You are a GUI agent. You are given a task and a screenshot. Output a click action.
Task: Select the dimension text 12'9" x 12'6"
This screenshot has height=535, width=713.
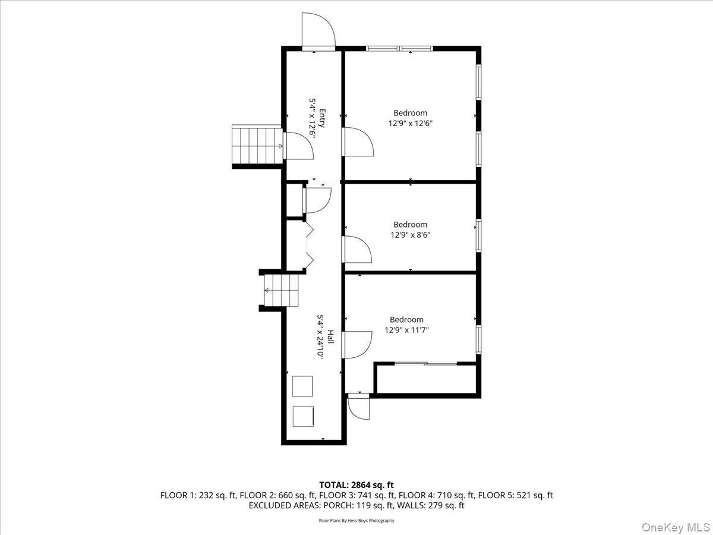click(410, 124)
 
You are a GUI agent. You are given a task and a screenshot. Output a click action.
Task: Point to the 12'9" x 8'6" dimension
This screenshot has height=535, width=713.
click(410, 235)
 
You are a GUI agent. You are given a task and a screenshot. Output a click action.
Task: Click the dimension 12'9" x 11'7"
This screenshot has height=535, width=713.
click(407, 330)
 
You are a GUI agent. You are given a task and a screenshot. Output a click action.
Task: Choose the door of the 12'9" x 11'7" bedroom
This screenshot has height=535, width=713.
click(358, 345)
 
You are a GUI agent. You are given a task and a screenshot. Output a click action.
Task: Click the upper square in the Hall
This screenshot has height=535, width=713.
click(303, 386)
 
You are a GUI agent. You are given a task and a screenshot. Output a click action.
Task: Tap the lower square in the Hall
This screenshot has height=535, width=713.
click(303, 416)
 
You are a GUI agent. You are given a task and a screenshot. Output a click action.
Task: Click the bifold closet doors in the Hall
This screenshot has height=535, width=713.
click(309, 244)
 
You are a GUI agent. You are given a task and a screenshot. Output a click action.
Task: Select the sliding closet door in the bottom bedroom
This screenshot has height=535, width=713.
click(425, 363)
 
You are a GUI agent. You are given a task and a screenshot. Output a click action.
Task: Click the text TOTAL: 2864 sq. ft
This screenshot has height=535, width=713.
click(356, 485)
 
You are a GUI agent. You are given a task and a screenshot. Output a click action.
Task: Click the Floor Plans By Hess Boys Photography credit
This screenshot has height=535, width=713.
click(356, 521)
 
